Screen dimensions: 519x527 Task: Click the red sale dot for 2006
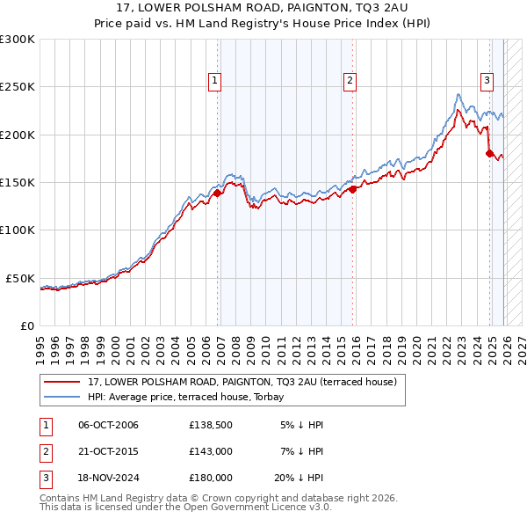(x=217, y=194)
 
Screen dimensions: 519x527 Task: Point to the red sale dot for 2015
(x=352, y=188)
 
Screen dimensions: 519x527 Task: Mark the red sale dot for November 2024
(x=489, y=153)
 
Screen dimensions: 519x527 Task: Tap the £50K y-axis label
(x=19, y=278)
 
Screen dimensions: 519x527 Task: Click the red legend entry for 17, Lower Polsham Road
(x=242, y=382)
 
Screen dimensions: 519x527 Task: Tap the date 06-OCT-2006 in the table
(x=108, y=425)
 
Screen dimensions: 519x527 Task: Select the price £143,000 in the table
(x=210, y=451)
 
